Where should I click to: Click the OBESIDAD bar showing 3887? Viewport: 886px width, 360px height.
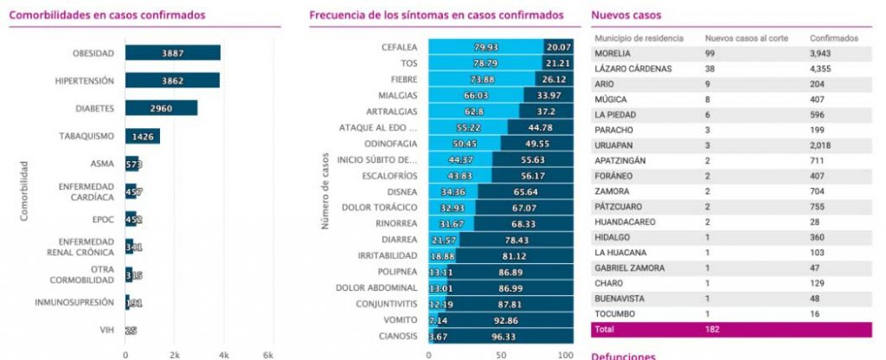pyautogui.click(x=172, y=53)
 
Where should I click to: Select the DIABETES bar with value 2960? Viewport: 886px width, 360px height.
pyautogui.click(x=161, y=108)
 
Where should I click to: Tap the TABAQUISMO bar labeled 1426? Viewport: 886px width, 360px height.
pyautogui.click(x=142, y=136)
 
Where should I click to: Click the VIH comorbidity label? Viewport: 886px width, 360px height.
pyautogui.click(x=106, y=330)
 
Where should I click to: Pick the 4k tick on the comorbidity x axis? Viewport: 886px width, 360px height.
pyautogui.click(x=223, y=355)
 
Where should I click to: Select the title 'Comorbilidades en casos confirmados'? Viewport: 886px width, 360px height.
pyautogui.click(x=108, y=15)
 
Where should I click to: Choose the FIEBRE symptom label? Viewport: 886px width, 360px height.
pyautogui.click(x=404, y=79)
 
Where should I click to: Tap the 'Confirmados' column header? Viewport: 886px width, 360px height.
pyautogui.click(x=833, y=38)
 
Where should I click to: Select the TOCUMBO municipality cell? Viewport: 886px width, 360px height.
pyautogui.click(x=613, y=312)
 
